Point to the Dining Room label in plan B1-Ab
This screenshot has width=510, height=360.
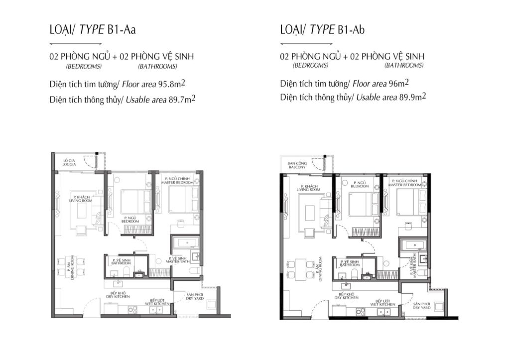(320, 268)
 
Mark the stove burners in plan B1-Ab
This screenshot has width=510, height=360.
(361, 312)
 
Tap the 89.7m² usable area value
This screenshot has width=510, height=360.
(182, 99)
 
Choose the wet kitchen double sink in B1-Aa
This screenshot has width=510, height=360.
(156, 310)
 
